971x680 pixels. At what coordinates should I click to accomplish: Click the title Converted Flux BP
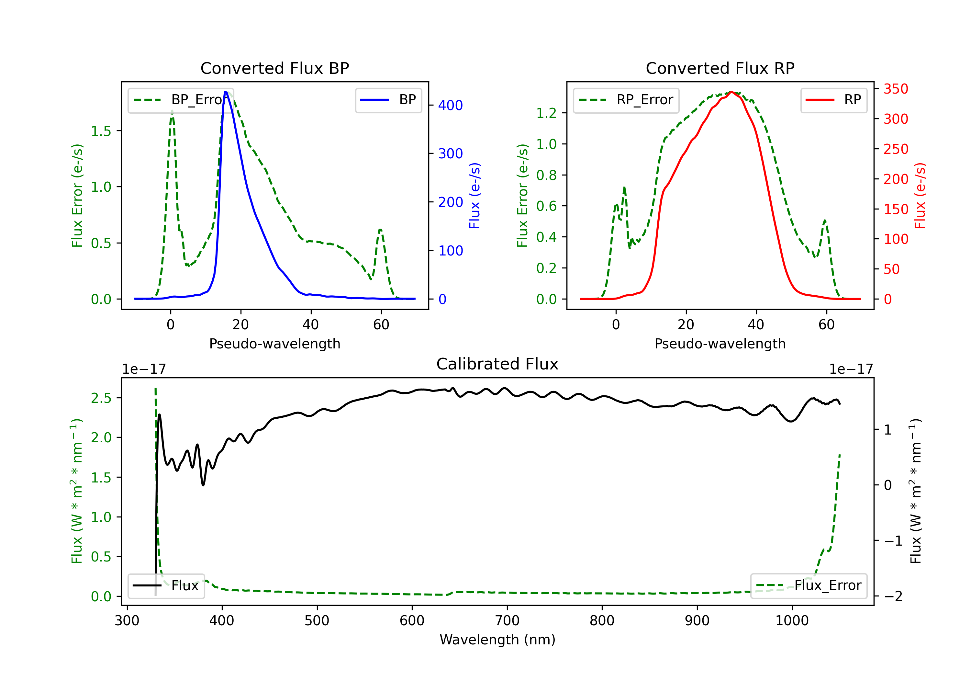pos(274,68)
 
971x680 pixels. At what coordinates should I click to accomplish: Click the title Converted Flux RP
pos(720,68)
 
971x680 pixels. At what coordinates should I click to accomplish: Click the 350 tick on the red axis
pos(896,89)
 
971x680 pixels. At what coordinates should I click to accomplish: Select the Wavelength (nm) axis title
pos(497,640)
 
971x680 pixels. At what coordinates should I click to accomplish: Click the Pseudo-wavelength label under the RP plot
pos(720,344)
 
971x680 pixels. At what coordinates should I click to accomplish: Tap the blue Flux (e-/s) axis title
pos(474,196)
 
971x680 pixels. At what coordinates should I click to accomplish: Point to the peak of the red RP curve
pos(731,92)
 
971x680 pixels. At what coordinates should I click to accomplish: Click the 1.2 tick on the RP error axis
pos(546,113)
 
